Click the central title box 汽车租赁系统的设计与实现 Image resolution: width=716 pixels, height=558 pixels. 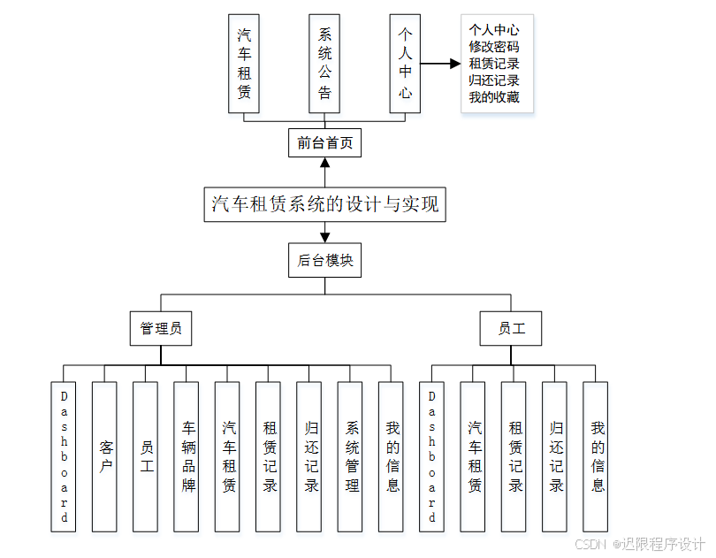324,204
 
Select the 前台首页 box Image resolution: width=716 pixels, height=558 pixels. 324,142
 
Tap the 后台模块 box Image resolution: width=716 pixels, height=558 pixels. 324,261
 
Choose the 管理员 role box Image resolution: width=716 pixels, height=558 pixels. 161,328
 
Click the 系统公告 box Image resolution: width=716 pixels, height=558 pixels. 324,63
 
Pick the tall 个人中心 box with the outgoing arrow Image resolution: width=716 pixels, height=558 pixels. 405,63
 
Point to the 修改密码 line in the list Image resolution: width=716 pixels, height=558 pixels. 494,47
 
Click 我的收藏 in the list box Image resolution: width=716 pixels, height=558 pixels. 494,97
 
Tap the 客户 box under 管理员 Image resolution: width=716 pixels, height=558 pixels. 105,456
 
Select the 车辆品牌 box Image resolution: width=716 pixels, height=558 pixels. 187,456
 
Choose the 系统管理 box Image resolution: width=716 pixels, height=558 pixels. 351,456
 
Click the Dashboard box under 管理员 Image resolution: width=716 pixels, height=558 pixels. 64,456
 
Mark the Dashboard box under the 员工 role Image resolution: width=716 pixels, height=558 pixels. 432,456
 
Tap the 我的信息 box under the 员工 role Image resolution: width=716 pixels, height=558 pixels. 596,456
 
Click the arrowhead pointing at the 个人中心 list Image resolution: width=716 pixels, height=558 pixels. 454,64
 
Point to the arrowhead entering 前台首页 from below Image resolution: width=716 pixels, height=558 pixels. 324,163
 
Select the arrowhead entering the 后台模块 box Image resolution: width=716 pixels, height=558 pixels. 324,237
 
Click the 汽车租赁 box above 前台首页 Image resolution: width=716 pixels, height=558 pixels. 243,63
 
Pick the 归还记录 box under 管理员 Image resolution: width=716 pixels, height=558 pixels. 309,456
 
